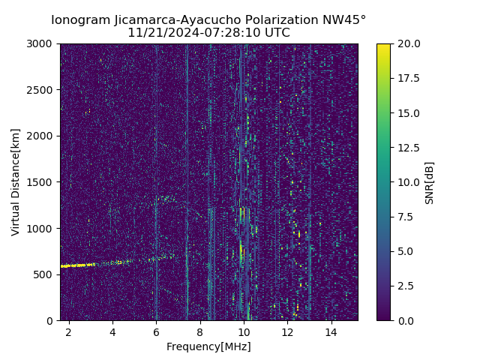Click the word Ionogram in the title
coord(79,20)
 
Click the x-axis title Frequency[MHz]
coord(208,346)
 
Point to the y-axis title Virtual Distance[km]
coord(15,181)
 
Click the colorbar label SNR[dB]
coord(429,182)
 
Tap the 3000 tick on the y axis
coord(42,44)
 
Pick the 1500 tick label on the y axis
coord(42,182)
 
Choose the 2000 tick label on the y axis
coord(42,136)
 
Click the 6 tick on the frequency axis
coord(156,331)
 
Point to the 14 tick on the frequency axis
coord(331,331)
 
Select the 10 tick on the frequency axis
coord(244,331)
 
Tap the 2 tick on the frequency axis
coord(69,331)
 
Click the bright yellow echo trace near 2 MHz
coord(75,265)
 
